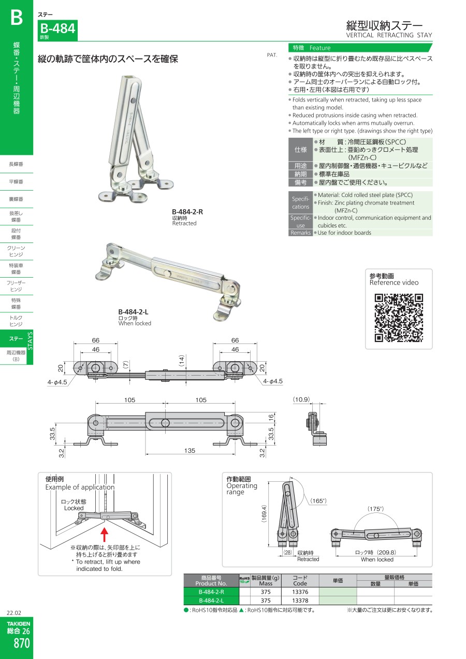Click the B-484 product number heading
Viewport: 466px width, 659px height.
tap(57, 28)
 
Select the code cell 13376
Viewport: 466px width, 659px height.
tap(300, 592)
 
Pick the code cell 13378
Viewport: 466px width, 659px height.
tap(300, 600)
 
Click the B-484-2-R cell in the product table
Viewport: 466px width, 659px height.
tap(211, 592)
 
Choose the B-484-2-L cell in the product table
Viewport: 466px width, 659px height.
tap(211, 600)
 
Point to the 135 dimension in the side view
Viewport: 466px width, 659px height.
tap(190, 450)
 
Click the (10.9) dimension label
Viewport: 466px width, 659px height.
tap(301, 399)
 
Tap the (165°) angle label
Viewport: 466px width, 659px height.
tap(318, 500)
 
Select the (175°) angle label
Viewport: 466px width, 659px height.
tap(375, 509)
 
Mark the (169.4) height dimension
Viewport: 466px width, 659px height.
tap(264, 513)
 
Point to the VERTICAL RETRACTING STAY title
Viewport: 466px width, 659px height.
tap(389, 35)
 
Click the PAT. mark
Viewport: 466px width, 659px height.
tap(272, 55)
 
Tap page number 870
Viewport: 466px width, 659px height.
tap(22, 643)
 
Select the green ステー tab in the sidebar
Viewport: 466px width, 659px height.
tap(16, 339)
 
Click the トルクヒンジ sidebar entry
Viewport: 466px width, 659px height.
tap(16, 321)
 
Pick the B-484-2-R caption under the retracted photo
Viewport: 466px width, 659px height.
tap(187, 212)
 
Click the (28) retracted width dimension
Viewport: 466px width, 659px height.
tap(287, 552)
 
